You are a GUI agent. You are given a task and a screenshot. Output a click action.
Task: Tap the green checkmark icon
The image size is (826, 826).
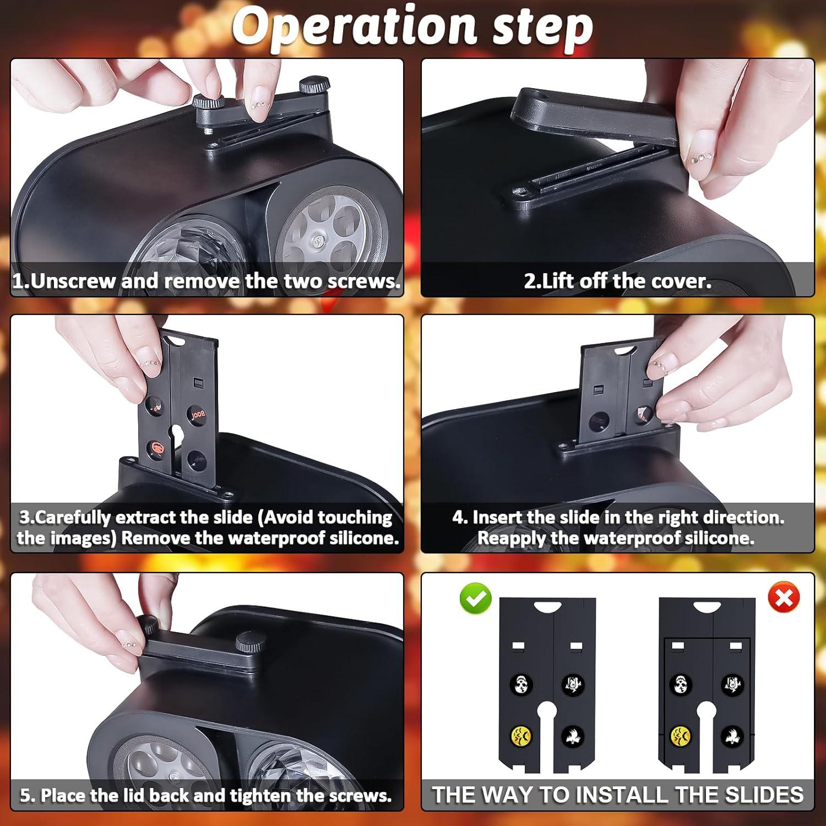[475, 599]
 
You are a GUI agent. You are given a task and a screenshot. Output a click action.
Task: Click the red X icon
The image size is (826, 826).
[784, 597]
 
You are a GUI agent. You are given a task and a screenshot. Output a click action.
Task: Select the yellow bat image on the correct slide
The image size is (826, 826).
[520, 735]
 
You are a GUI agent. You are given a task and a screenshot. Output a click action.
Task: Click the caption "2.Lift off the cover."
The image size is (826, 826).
[617, 281]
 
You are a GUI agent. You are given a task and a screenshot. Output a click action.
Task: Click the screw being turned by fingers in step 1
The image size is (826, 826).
[208, 102]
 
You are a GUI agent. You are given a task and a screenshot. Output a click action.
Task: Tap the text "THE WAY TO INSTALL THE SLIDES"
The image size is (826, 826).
[617, 795]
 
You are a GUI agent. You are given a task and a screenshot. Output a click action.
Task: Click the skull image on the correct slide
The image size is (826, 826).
[521, 685]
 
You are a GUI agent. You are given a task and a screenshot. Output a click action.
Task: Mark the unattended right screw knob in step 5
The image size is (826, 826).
[251, 642]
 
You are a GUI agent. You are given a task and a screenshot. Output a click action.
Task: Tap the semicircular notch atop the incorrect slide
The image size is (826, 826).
[707, 607]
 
